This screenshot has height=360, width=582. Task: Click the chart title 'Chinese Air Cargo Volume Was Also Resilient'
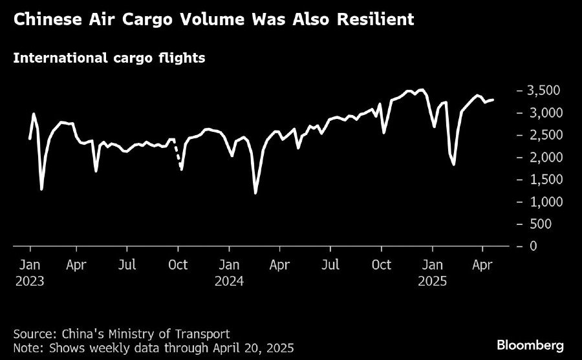click(213, 20)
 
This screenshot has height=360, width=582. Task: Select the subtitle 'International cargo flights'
click(109, 58)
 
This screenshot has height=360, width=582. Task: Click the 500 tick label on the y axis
click(547, 224)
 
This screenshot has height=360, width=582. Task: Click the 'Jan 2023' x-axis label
click(30, 273)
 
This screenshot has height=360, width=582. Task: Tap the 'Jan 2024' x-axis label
click(230, 273)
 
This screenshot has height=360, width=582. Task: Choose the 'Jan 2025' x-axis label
click(432, 273)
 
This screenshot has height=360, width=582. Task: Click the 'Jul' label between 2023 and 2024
click(128, 265)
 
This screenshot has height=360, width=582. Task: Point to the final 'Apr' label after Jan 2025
click(482, 265)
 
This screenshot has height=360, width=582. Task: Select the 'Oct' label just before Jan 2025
click(382, 265)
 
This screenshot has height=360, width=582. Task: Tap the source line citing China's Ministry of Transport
click(121, 334)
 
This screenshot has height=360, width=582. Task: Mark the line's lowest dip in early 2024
click(255, 193)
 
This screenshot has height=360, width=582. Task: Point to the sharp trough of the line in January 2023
click(41, 189)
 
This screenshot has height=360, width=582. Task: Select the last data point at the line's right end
click(493, 100)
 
